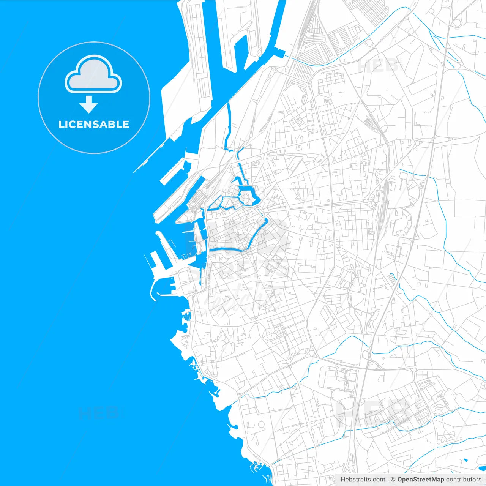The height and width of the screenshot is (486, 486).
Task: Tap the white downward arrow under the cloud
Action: pos(89,104)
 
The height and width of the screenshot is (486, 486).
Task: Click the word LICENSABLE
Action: pos(94,124)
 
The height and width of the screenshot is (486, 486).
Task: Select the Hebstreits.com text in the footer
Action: pos(363,480)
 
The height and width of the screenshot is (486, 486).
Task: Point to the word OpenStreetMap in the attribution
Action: pos(420,480)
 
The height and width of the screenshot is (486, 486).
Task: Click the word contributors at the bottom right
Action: pos(464,480)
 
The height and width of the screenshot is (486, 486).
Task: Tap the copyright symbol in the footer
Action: pos(393,480)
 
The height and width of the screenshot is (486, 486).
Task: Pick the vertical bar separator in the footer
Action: pos(388,480)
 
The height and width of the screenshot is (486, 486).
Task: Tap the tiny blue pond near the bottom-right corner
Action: pos(465,461)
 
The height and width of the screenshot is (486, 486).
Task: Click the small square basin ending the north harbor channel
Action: pos(280,53)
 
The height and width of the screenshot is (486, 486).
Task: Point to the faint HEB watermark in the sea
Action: pos(98,413)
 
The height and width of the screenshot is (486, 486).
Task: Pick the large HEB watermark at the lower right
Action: pos(374,412)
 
